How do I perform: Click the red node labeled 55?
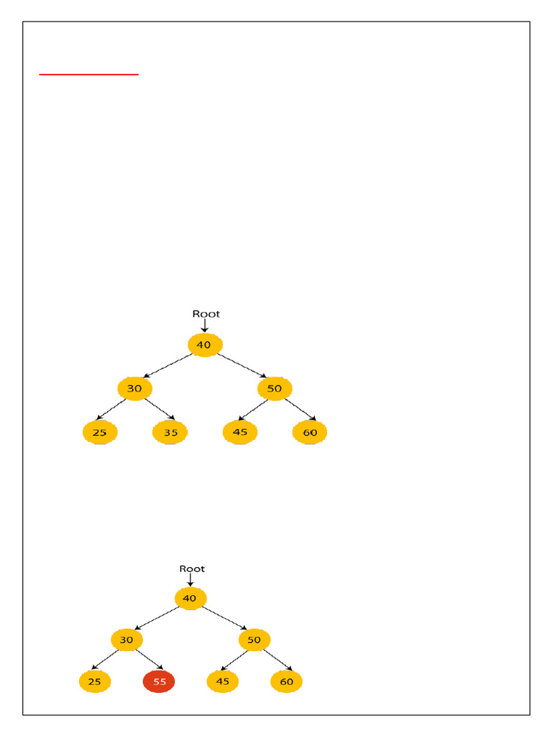point(158,681)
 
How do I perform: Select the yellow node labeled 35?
point(170,433)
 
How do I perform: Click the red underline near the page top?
point(88,74)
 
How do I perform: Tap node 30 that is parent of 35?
point(134,389)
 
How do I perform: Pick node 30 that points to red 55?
point(126,640)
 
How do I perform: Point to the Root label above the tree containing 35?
point(206,313)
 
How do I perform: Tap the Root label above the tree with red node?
point(192,569)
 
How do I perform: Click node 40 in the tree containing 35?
point(204,345)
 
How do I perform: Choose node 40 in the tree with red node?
point(190,598)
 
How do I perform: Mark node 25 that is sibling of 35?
point(100,433)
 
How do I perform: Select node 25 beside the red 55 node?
point(95,681)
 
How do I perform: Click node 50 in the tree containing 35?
point(275,389)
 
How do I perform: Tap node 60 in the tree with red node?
point(286,681)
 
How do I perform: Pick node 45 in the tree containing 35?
point(240,433)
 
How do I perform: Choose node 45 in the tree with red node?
point(222,681)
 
